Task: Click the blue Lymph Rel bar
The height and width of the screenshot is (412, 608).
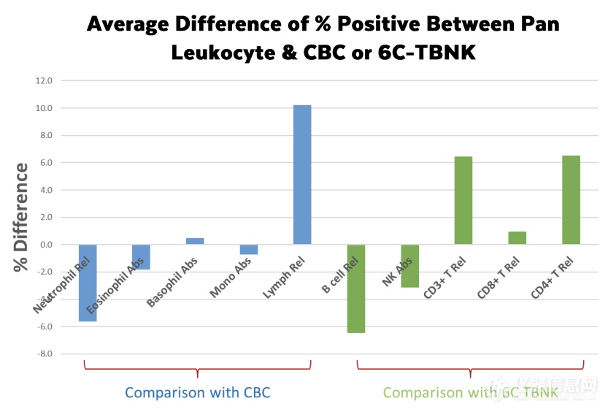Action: click(302, 175)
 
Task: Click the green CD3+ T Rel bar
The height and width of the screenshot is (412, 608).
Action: click(463, 200)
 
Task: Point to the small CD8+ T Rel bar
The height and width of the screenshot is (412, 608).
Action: click(517, 238)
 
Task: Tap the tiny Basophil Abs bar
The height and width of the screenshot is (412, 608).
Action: click(195, 241)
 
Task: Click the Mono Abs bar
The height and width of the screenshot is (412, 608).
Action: click(248, 250)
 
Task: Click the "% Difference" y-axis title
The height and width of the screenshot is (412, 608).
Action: click(22, 218)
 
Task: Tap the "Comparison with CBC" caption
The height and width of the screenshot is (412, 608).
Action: click(197, 393)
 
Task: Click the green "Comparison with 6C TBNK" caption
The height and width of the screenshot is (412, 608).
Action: click(470, 393)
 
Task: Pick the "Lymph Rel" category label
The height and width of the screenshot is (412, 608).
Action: click(283, 278)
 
